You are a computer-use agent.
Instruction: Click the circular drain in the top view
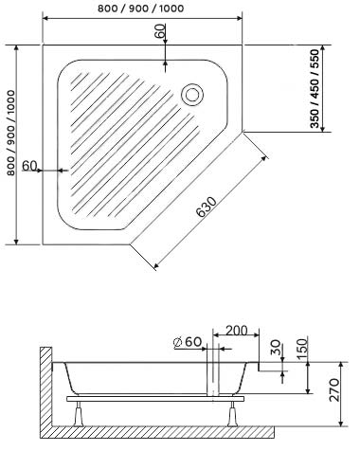[x=192, y=95]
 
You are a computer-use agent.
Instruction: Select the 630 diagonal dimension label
[x=207, y=207]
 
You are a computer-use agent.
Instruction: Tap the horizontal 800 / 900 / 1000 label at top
[x=140, y=9]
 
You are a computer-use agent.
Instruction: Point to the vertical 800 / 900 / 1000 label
[x=11, y=133]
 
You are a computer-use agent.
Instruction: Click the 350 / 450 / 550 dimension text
[x=315, y=88]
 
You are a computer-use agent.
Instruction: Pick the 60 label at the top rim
[x=160, y=30]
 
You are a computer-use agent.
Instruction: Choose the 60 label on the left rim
[x=30, y=165]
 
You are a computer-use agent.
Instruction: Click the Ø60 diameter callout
[x=188, y=342]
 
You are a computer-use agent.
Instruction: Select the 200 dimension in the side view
[x=237, y=331]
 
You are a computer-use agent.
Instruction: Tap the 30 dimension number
[x=276, y=347]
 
